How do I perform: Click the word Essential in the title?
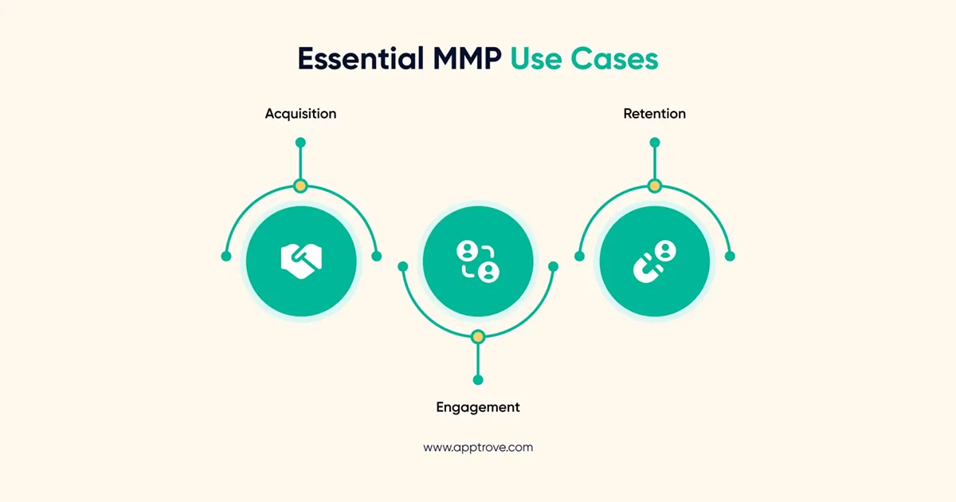[358, 60]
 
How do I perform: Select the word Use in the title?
[538, 60]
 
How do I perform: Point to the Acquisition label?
[300, 114]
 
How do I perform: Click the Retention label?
[654, 114]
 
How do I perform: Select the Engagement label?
[478, 407]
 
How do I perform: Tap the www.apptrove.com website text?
[478, 448]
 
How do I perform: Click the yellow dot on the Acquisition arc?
[300, 186]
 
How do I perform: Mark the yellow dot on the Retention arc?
[655, 186]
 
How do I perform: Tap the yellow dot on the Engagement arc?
[478, 337]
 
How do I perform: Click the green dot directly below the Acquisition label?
[300, 143]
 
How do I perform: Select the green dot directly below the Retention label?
[655, 143]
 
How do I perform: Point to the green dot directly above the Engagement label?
[478, 380]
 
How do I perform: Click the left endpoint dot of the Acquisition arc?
[226, 257]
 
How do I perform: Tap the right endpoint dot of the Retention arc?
[730, 257]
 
